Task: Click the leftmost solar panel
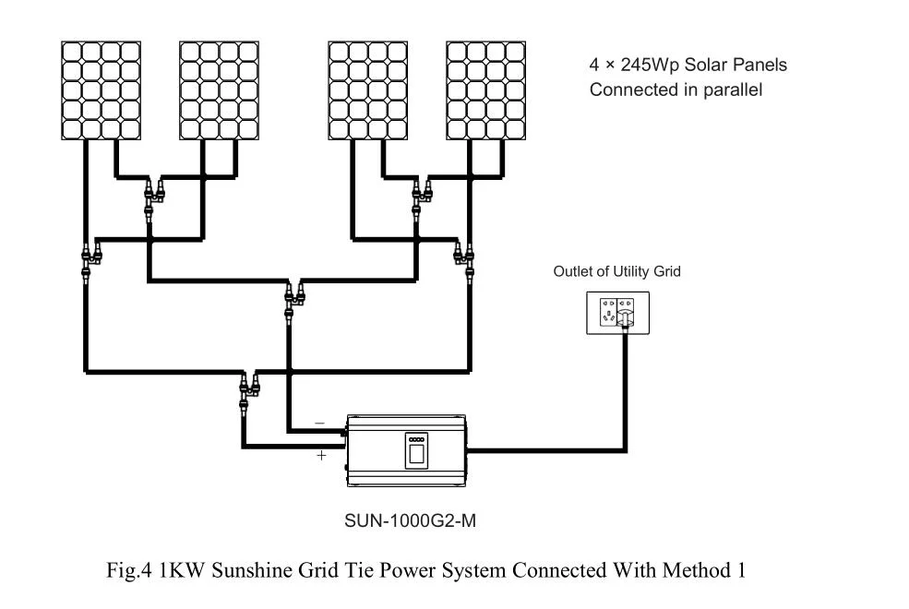click(101, 90)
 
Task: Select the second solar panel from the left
click(219, 90)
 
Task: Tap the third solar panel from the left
click(368, 90)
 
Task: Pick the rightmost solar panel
click(485, 90)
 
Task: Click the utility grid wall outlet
click(618, 313)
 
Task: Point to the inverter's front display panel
click(416, 450)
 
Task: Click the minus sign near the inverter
click(319, 424)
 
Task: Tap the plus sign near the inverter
click(321, 456)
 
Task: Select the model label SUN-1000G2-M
click(411, 521)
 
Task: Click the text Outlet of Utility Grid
click(616, 271)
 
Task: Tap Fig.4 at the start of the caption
click(128, 570)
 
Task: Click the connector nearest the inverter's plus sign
click(249, 392)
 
